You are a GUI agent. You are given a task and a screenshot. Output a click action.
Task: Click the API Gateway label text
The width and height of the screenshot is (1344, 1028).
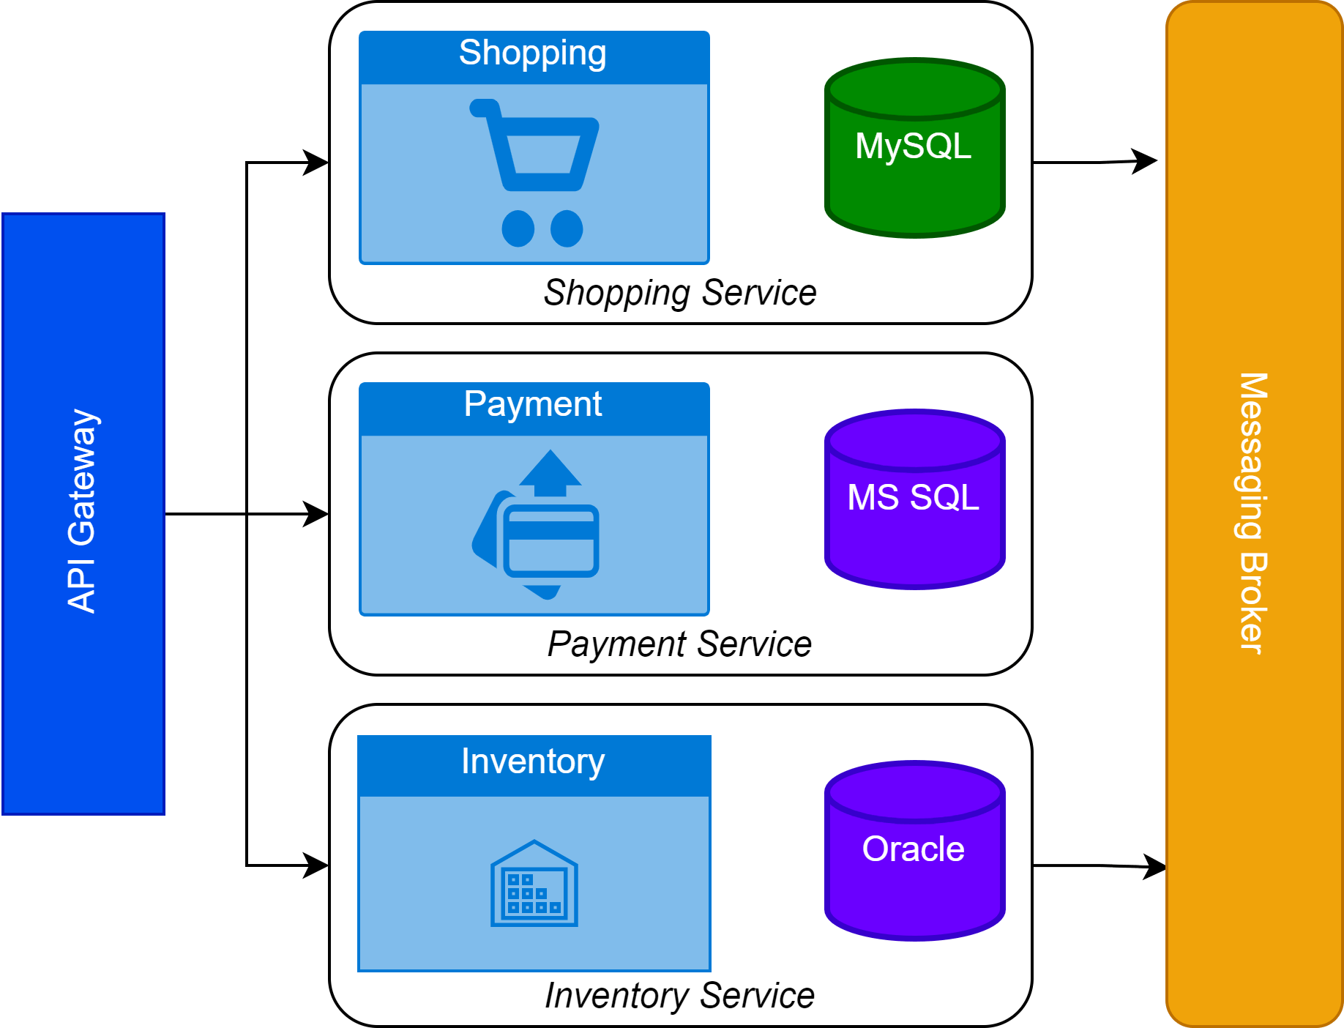[x=82, y=511]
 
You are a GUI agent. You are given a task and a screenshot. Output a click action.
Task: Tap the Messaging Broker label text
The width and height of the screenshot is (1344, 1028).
[x=1252, y=513]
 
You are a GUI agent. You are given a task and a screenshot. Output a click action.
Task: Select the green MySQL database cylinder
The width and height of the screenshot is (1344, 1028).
[x=914, y=149]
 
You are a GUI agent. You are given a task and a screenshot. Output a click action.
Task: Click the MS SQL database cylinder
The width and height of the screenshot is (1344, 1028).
[x=914, y=499]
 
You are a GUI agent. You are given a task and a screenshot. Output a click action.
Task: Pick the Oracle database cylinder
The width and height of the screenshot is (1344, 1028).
[x=914, y=851]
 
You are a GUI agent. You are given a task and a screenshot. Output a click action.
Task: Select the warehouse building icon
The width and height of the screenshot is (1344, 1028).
[x=534, y=884]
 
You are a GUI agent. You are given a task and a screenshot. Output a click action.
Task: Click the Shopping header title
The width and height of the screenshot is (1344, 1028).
[x=533, y=53]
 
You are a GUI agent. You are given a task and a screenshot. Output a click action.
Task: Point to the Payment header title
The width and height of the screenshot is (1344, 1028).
[x=533, y=404]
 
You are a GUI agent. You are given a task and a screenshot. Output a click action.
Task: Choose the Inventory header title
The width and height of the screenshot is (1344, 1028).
[x=533, y=761]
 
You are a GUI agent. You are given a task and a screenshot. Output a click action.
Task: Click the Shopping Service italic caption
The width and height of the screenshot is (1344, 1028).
[x=679, y=293]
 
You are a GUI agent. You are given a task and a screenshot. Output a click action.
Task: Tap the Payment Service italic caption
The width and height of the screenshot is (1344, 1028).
[x=679, y=644]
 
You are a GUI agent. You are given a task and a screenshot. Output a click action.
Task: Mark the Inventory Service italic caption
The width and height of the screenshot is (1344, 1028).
[x=679, y=996]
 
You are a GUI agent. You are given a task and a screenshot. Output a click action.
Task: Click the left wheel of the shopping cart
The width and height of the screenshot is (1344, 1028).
[x=518, y=228]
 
